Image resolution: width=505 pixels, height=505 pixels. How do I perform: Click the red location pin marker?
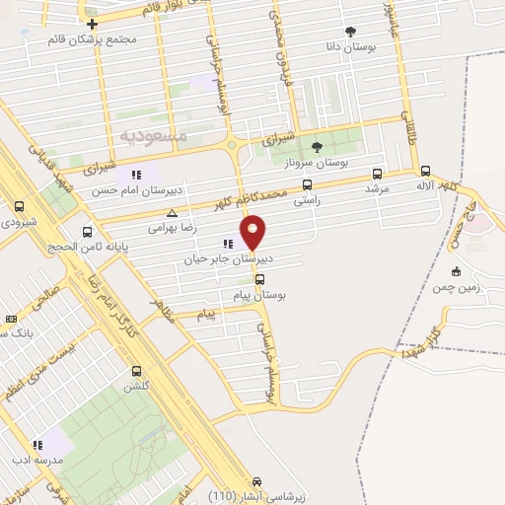pos(254,232)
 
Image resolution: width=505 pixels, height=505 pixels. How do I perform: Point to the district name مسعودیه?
pos(147,132)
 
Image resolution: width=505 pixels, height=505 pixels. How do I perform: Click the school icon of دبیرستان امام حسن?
pos(135,176)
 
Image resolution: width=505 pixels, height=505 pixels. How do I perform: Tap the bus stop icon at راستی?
pos(308,184)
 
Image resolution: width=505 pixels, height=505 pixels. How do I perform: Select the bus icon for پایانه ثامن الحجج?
pos(88,233)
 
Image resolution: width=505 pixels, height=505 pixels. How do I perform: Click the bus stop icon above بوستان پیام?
pos(259,278)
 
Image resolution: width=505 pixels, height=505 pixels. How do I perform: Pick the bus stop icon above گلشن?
pos(137,371)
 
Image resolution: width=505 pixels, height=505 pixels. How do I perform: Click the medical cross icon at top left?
pos(92,24)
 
